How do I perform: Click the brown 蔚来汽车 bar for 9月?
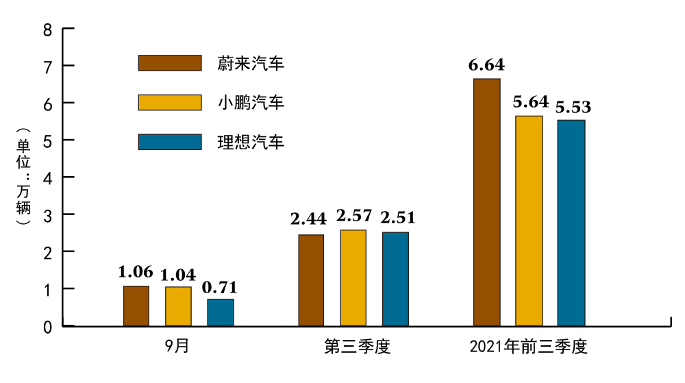coord(136,306)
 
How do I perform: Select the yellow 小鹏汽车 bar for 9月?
coord(178,306)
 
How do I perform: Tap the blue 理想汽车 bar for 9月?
coord(221,312)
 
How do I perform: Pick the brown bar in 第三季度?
coord(311,280)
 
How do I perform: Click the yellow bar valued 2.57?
coord(353,277)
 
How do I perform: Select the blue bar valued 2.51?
coord(395,279)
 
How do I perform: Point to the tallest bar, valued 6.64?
coord(487,202)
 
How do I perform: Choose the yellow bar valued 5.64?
coord(529,221)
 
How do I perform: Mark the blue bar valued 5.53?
coord(571,223)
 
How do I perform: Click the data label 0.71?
coord(221,288)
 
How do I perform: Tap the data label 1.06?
coord(136,273)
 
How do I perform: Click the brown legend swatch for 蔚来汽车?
coord(170,63)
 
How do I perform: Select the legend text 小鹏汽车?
coord(251,103)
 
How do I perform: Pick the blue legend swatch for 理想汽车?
coord(170,142)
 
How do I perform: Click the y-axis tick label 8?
coord(47,29)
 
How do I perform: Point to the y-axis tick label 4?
coord(47,177)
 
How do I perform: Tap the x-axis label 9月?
coord(177,347)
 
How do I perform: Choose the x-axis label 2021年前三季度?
coord(529,347)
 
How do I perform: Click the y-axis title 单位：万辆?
coord(24,177)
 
